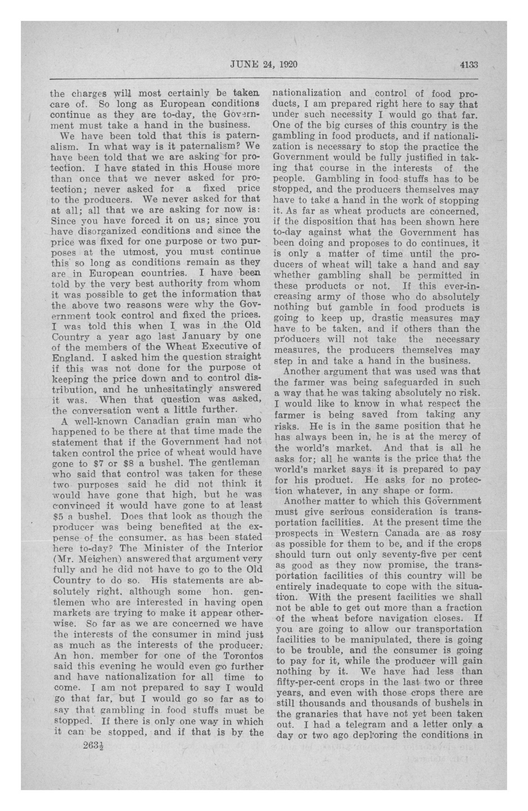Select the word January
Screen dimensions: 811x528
click(203, 336)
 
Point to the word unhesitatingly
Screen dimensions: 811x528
click(177, 389)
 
